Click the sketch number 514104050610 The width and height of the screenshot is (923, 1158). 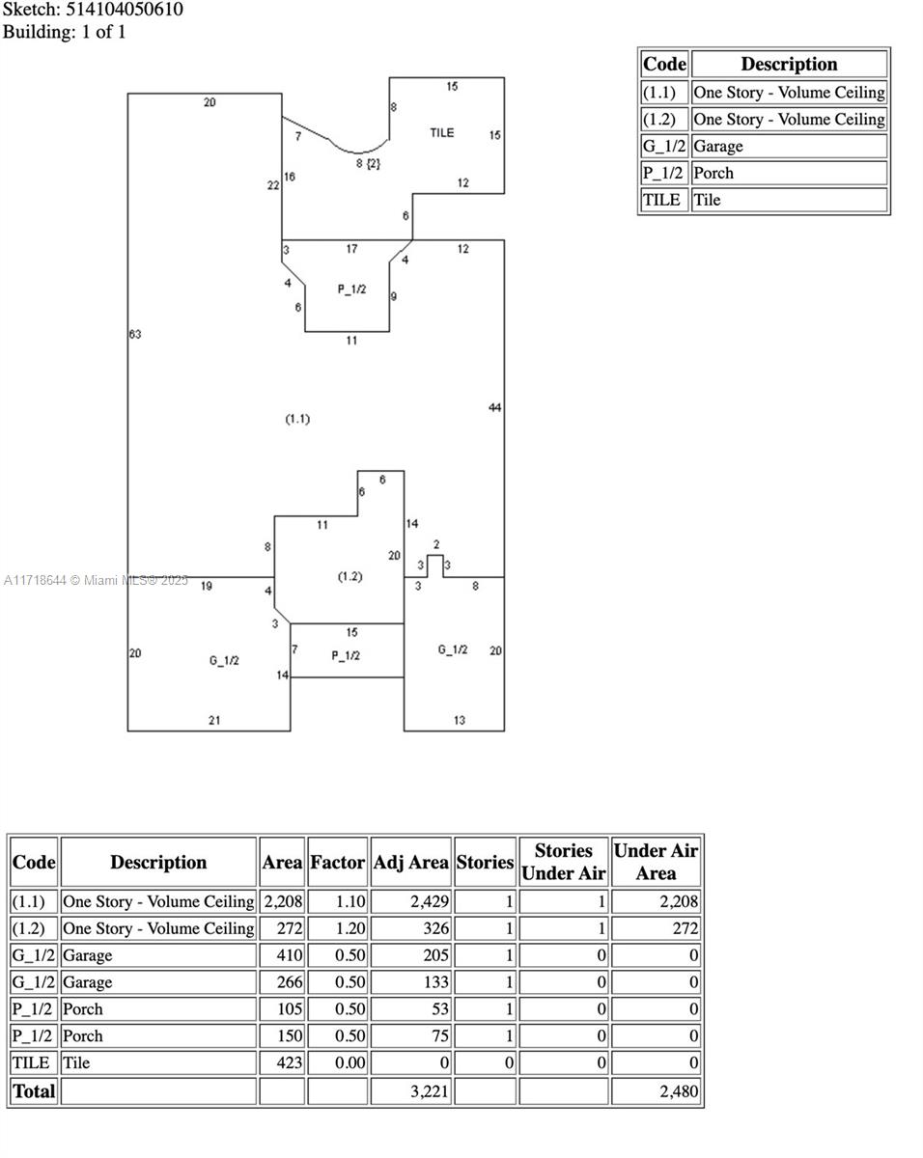coord(125,10)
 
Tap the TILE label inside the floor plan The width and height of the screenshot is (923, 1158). coord(441,132)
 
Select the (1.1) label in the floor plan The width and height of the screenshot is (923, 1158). coord(297,419)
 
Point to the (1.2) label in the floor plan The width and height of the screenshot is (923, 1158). coord(350,576)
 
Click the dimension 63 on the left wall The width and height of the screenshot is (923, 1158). coord(135,334)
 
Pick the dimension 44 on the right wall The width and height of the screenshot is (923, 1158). coord(494,407)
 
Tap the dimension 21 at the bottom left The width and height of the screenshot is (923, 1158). coord(214,720)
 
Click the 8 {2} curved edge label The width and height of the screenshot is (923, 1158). coord(368,163)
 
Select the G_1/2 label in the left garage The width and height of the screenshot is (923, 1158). coord(224,660)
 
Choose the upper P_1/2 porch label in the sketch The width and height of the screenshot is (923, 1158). coord(351,289)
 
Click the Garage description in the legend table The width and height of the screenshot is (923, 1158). coord(718,147)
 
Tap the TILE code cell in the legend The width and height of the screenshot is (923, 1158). coord(662,200)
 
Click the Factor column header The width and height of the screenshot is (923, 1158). coord(337,862)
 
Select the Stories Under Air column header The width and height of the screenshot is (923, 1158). coord(563,862)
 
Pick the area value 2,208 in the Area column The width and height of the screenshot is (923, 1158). coord(282,901)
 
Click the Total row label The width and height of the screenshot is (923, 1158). coord(34,1091)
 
